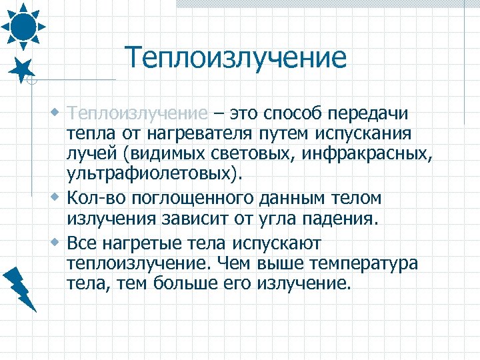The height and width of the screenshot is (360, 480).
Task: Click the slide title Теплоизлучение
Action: (x=236, y=57)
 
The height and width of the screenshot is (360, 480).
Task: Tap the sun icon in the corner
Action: (x=24, y=25)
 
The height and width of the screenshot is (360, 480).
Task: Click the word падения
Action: (x=340, y=219)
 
